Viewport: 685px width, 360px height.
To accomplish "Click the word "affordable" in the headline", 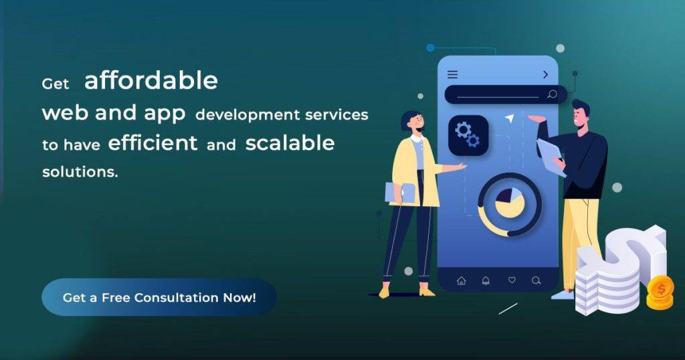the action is (151, 80).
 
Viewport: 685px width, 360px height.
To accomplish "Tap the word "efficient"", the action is (153, 143).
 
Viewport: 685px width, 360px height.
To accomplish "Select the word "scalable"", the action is (290, 143).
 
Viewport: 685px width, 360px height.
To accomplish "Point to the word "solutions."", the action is (80, 172).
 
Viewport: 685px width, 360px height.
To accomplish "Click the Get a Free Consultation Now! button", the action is (159, 297).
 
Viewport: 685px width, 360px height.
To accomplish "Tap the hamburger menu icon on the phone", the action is (453, 75).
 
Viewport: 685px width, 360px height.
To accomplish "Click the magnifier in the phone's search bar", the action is (552, 94).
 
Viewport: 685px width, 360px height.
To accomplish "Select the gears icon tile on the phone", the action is (468, 135).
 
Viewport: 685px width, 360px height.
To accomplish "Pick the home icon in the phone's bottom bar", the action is (462, 280).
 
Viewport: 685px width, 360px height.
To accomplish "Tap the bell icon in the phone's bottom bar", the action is (486, 280).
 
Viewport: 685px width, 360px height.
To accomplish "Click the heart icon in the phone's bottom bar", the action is (512, 280).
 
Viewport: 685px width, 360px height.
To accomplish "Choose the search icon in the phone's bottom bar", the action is (536, 280).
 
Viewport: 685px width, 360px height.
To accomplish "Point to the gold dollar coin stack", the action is (660, 292).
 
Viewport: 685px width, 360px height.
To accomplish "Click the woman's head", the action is (412, 121).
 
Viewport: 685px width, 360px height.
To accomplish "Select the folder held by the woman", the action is (400, 193).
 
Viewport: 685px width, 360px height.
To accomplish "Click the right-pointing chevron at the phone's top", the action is (546, 75).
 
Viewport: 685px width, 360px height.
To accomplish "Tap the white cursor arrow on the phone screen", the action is (509, 118).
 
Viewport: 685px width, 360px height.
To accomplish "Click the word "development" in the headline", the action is (248, 114).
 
